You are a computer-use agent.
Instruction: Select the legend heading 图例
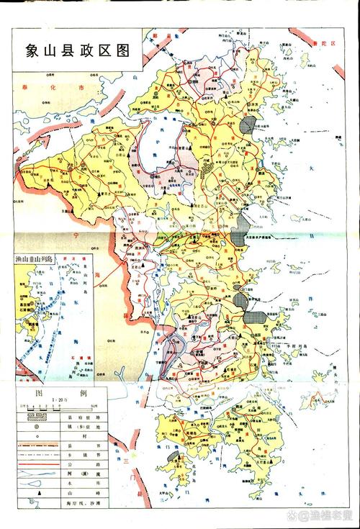(x=60, y=393)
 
